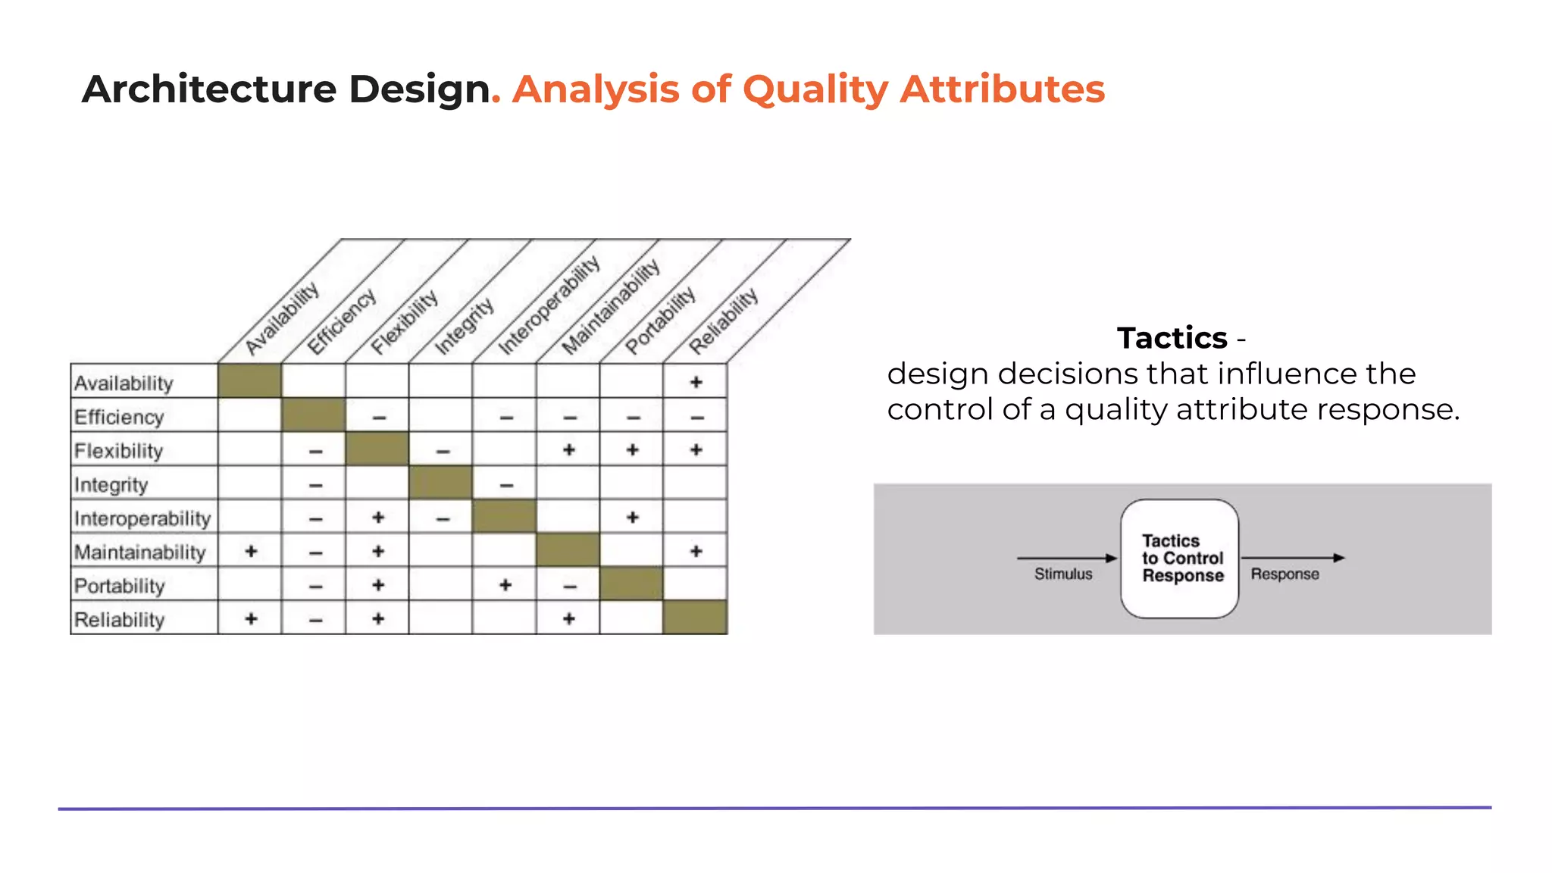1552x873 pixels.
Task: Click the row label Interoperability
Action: point(142,518)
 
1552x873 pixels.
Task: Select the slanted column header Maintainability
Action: point(611,307)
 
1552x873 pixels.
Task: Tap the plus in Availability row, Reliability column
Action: point(696,382)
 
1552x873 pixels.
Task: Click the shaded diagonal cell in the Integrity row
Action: point(440,483)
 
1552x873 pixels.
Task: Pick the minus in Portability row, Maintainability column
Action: point(570,586)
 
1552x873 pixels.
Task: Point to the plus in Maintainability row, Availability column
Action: point(251,551)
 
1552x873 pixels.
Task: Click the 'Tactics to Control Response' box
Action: point(1179,559)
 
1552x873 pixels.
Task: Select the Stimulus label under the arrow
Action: point(1062,574)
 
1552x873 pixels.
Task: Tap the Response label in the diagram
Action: point(1284,574)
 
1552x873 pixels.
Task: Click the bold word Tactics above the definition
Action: point(1172,338)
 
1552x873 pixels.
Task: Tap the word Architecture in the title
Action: point(208,89)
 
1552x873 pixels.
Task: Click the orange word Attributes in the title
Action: point(1002,89)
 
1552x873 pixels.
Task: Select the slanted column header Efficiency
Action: point(342,321)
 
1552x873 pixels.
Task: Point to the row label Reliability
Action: point(119,620)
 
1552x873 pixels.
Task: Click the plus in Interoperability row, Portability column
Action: point(632,518)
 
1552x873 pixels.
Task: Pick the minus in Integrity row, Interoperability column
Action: point(506,485)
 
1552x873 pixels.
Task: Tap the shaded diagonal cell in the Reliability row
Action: point(695,617)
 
